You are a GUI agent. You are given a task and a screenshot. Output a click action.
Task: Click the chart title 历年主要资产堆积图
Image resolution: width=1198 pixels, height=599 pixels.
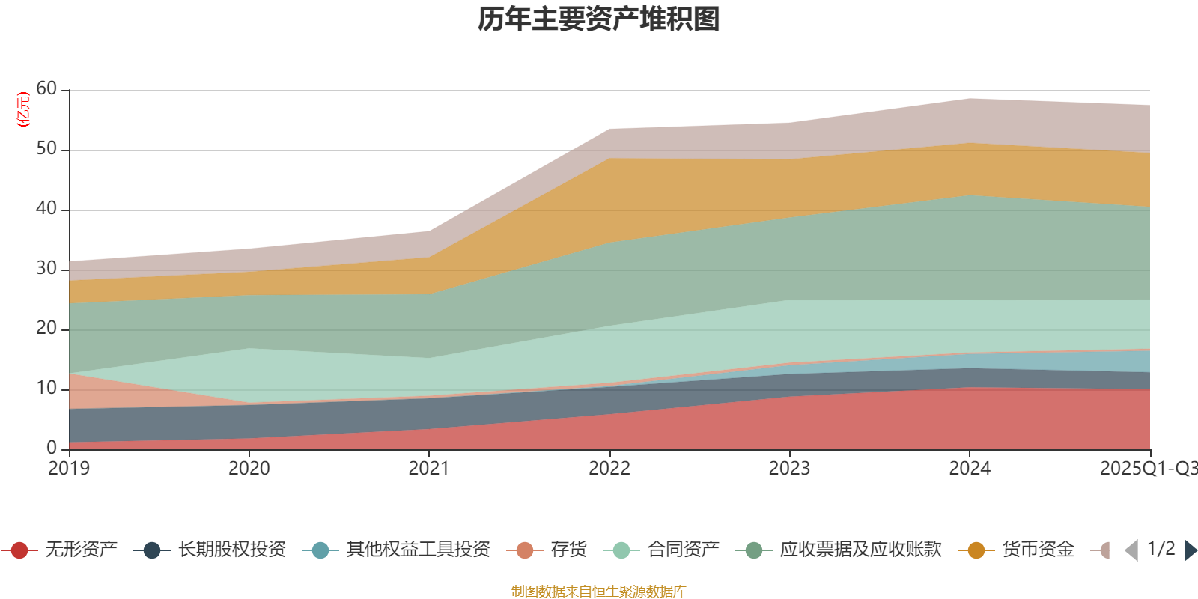pyautogui.click(x=599, y=19)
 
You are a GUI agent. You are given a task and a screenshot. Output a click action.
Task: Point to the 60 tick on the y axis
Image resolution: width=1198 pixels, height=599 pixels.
pyautogui.click(x=46, y=89)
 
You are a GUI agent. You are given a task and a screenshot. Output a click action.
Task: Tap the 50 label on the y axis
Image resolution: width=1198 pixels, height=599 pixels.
pyautogui.click(x=46, y=149)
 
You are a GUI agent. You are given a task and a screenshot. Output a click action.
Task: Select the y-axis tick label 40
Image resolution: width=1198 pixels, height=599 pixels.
pyautogui.click(x=46, y=209)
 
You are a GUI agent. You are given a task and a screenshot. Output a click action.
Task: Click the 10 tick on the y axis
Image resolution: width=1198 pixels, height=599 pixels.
pyautogui.click(x=46, y=389)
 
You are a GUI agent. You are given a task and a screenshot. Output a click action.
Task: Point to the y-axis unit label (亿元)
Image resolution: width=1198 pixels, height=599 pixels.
pyautogui.click(x=24, y=109)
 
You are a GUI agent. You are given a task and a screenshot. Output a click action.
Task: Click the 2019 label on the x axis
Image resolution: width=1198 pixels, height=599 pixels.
pyautogui.click(x=69, y=469)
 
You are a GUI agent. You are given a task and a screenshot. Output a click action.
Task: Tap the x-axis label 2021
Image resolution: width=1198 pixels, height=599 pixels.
pyautogui.click(x=428, y=469)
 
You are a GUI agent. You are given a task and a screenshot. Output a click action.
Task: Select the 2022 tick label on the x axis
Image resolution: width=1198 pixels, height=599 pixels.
pyautogui.click(x=609, y=469)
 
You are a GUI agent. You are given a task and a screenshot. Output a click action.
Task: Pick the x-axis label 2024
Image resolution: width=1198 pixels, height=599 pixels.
pyautogui.click(x=970, y=469)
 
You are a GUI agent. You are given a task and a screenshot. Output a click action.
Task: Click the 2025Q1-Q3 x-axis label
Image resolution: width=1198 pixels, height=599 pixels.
pyautogui.click(x=1147, y=469)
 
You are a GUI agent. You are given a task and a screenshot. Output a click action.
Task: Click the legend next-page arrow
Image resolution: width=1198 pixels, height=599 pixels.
pyautogui.click(x=1190, y=550)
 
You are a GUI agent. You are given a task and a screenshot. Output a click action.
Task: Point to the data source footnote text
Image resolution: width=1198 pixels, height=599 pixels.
pyautogui.click(x=599, y=592)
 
